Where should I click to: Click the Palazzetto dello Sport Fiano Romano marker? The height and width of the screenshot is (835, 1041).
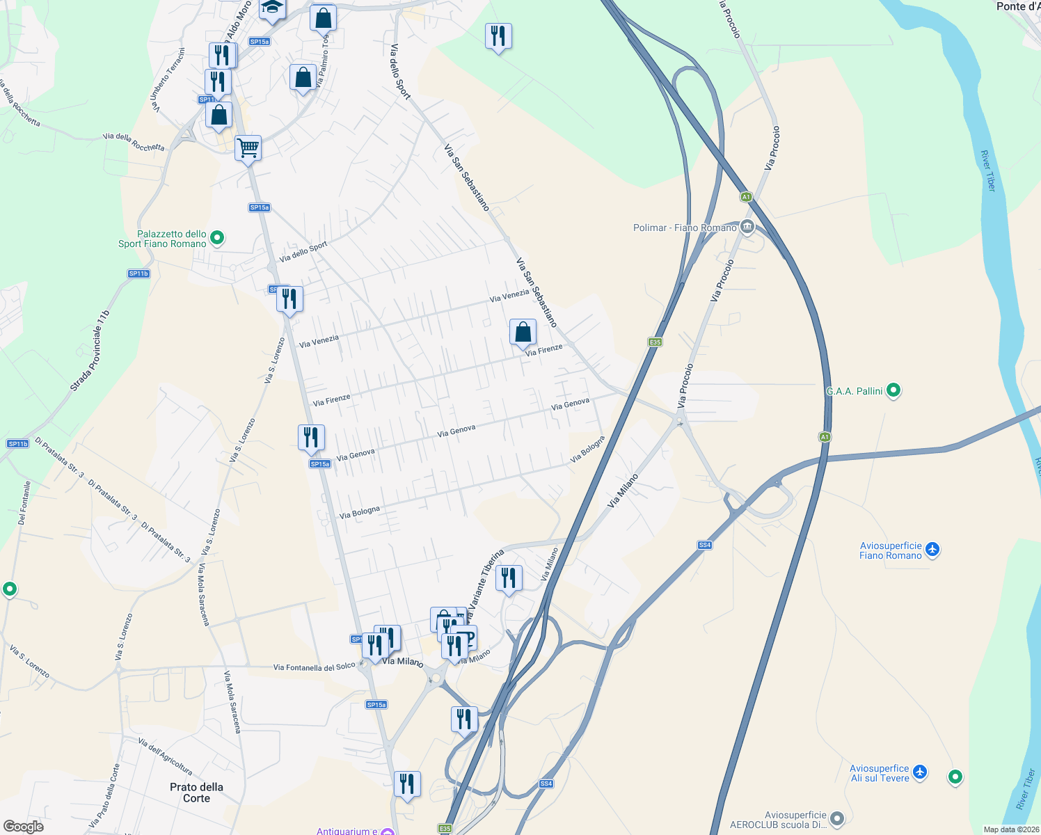click(217, 239)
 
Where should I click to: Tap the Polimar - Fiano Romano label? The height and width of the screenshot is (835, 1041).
click(685, 228)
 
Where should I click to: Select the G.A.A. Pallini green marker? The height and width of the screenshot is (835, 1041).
click(893, 390)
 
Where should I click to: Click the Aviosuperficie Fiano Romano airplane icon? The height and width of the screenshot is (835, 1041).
click(932, 550)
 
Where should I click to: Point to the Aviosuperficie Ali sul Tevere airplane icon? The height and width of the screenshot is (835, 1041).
click(920, 772)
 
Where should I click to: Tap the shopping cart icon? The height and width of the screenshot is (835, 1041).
click(248, 148)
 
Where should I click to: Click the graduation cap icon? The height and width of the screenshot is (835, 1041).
click(271, 8)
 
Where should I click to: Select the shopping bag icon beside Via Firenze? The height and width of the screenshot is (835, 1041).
click(523, 333)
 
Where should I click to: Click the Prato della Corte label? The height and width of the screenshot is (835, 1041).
click(196, 793)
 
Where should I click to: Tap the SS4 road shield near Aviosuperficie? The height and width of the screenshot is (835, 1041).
click(705, 545)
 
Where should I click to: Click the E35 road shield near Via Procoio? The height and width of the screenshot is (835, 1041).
click(655, 342)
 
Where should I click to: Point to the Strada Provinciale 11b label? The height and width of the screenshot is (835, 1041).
click(90, 351)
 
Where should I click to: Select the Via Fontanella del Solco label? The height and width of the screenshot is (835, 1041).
click(314, 667)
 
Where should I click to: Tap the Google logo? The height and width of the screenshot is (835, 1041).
click(23, 827)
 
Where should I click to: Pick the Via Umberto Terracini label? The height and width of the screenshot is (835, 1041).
click(168, 80)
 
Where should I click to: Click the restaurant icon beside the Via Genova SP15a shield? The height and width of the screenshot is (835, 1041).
click(310, 437)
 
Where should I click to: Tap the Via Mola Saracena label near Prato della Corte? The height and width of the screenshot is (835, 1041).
click(232, 701)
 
